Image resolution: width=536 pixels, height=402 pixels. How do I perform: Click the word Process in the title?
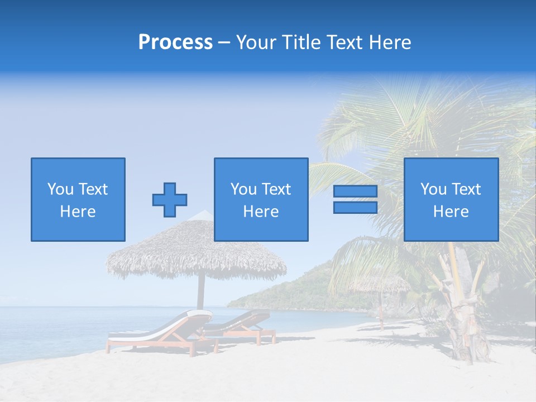click(x=175, y=42)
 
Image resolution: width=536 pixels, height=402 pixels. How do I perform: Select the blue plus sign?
click(x=170, y=200)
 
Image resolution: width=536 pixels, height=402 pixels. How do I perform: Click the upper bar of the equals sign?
click(x=355, y=192)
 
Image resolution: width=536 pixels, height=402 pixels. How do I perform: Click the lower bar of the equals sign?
click(x=355, y=208)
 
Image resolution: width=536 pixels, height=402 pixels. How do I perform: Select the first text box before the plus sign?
click(x=78, y=199)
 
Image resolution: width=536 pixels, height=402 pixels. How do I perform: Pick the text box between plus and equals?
click(x=261, y=199)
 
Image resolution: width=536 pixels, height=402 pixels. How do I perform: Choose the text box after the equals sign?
click(x=451, y=199)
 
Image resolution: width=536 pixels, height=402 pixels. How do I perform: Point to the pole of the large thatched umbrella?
click(x=201, y=293)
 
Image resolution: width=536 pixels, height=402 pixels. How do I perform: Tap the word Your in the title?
click(x=256, y=42)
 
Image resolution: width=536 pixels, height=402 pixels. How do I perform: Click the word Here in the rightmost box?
click(x=451, y=212)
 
